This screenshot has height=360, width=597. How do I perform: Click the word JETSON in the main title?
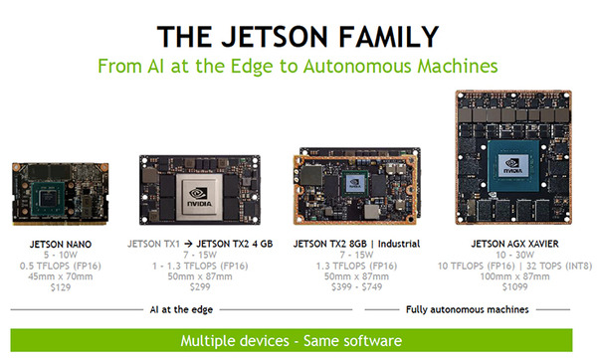[275, 37]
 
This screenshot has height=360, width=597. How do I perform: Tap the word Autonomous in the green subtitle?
[357, 66]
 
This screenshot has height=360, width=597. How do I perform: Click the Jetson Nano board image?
[60, 193]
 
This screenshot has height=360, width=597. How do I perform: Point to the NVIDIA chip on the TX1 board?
[199, 197]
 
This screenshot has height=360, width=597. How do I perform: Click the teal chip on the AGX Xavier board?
[513, 165]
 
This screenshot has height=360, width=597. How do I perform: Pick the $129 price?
[61, 287]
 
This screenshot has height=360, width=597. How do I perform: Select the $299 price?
[200, 287]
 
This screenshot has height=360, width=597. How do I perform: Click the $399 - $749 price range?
[356, 287]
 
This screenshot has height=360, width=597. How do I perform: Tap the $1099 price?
[514, 287]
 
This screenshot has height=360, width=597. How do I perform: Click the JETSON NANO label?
[61, 245]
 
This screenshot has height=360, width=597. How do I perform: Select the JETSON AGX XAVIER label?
[514, 244]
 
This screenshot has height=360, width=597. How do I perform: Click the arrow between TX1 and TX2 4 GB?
[188, 244]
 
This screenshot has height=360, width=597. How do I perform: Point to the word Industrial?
[399, 244]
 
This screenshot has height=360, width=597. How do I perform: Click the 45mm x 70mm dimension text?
[61, 276]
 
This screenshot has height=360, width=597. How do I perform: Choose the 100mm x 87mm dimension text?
[514, 276]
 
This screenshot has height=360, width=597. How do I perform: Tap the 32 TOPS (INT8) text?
[559, 266]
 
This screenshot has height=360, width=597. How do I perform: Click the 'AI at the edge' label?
[181, 309]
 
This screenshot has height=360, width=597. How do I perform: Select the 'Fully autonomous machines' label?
[468, 309]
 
